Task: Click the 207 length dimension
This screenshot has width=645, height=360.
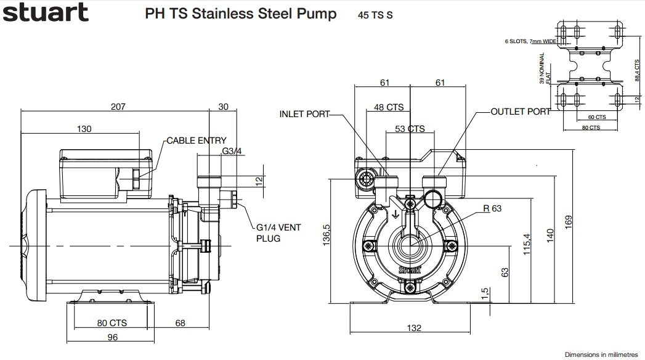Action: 118,107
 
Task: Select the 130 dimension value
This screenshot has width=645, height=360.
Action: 84,129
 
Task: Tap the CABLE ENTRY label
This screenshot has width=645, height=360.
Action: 197,141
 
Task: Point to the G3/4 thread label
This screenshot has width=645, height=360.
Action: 232,151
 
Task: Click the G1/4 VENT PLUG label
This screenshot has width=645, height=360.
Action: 278,232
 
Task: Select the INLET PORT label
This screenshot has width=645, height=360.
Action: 304,114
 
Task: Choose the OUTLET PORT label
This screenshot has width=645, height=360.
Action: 521,112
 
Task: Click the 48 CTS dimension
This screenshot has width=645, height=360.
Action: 389,107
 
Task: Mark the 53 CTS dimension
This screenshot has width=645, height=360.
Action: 410,129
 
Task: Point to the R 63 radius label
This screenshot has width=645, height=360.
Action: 492,208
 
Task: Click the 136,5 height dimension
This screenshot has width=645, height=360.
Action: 327,235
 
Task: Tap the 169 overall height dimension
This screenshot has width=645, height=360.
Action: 568,221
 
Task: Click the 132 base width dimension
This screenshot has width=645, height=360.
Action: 414,328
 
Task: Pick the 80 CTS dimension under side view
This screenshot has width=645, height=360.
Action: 112,322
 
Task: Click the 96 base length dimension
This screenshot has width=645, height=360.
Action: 112,337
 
